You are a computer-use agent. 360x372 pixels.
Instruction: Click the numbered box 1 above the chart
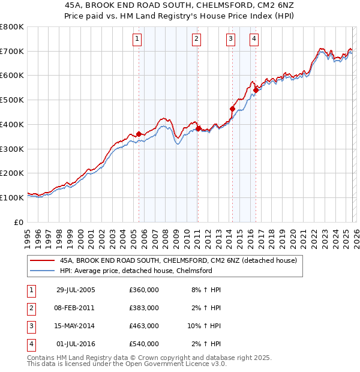137,40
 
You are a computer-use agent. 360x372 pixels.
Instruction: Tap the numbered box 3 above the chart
230,40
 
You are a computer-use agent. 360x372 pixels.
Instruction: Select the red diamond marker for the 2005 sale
139,134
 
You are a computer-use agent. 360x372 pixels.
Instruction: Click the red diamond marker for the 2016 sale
256,91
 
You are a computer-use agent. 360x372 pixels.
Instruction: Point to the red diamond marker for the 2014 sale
233,109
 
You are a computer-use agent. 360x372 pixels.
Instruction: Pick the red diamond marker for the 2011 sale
198,128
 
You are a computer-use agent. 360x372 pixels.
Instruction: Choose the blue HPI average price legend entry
136,271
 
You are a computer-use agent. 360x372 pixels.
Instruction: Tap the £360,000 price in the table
144,290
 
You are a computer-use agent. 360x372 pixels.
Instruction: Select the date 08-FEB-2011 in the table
75,308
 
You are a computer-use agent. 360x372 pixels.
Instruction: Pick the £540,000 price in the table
144,344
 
